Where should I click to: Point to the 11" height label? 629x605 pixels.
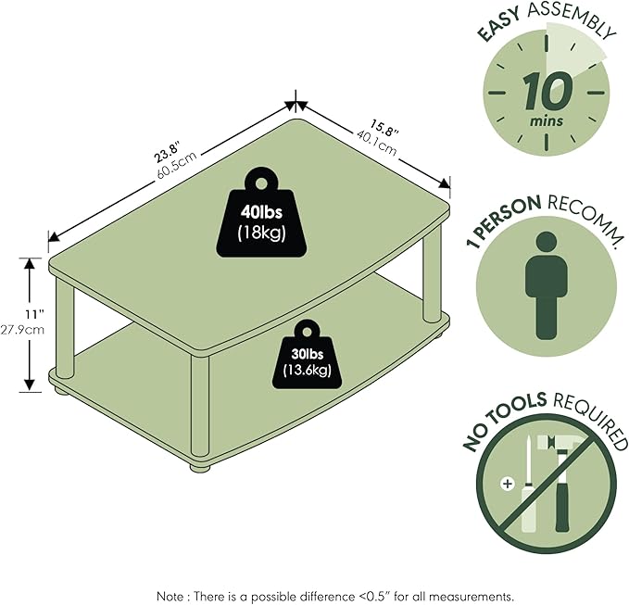click(x=35, y=314)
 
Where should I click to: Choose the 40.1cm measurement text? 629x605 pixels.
click(x=376, y=144)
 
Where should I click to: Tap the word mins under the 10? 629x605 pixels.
click(x=547, y=120)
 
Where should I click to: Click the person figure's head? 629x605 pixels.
click(x=547, y=242)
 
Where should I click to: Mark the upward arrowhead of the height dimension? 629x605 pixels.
click(x=30, y=263)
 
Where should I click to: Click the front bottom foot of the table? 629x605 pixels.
click(x=200, y=468)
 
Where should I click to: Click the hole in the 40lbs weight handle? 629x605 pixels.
click(x=261, y=184)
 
